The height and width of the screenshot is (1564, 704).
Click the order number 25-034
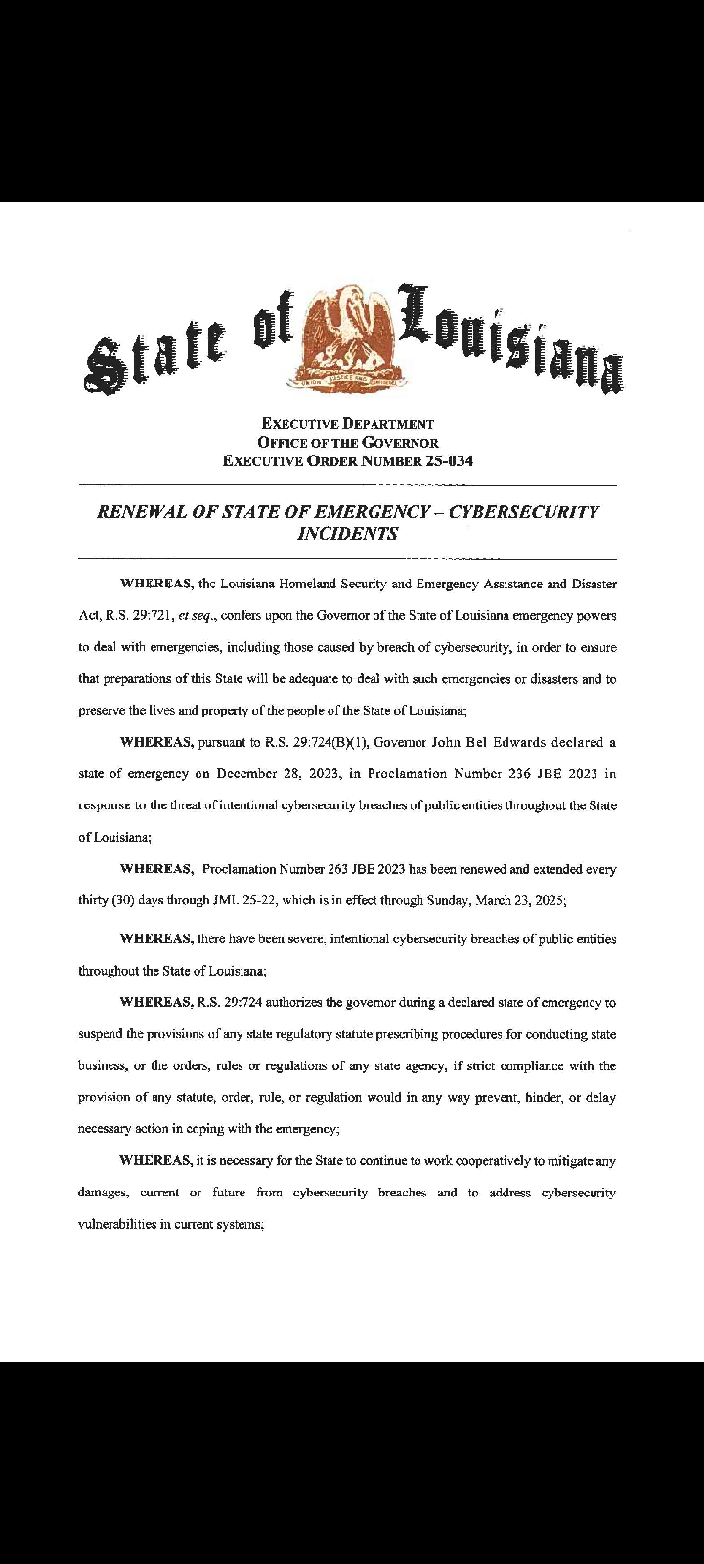[x=450, y=461]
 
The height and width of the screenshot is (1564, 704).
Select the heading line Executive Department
[x=348, y=424]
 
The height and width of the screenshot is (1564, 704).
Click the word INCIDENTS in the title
[x=347, y=534]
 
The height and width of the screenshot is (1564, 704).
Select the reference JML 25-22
[x=245, y=900]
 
